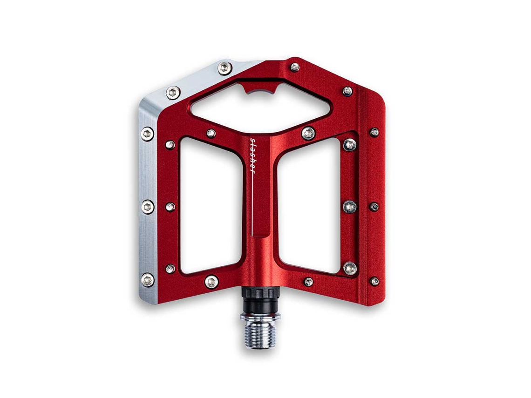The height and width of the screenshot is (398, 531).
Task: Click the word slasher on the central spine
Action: click(252, 155)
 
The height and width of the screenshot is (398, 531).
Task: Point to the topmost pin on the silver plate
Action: click(225, 68)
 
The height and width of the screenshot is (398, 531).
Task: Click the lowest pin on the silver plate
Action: click(147, 280)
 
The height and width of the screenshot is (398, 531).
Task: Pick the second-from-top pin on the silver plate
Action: click(173, 92)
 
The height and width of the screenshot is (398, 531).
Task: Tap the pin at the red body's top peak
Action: click(295, 67)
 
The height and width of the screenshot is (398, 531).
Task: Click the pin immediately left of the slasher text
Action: click(211, 133)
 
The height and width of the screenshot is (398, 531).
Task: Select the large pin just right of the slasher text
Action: click(308, 133)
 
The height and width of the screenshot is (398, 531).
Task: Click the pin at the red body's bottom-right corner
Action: click(374, 281)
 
